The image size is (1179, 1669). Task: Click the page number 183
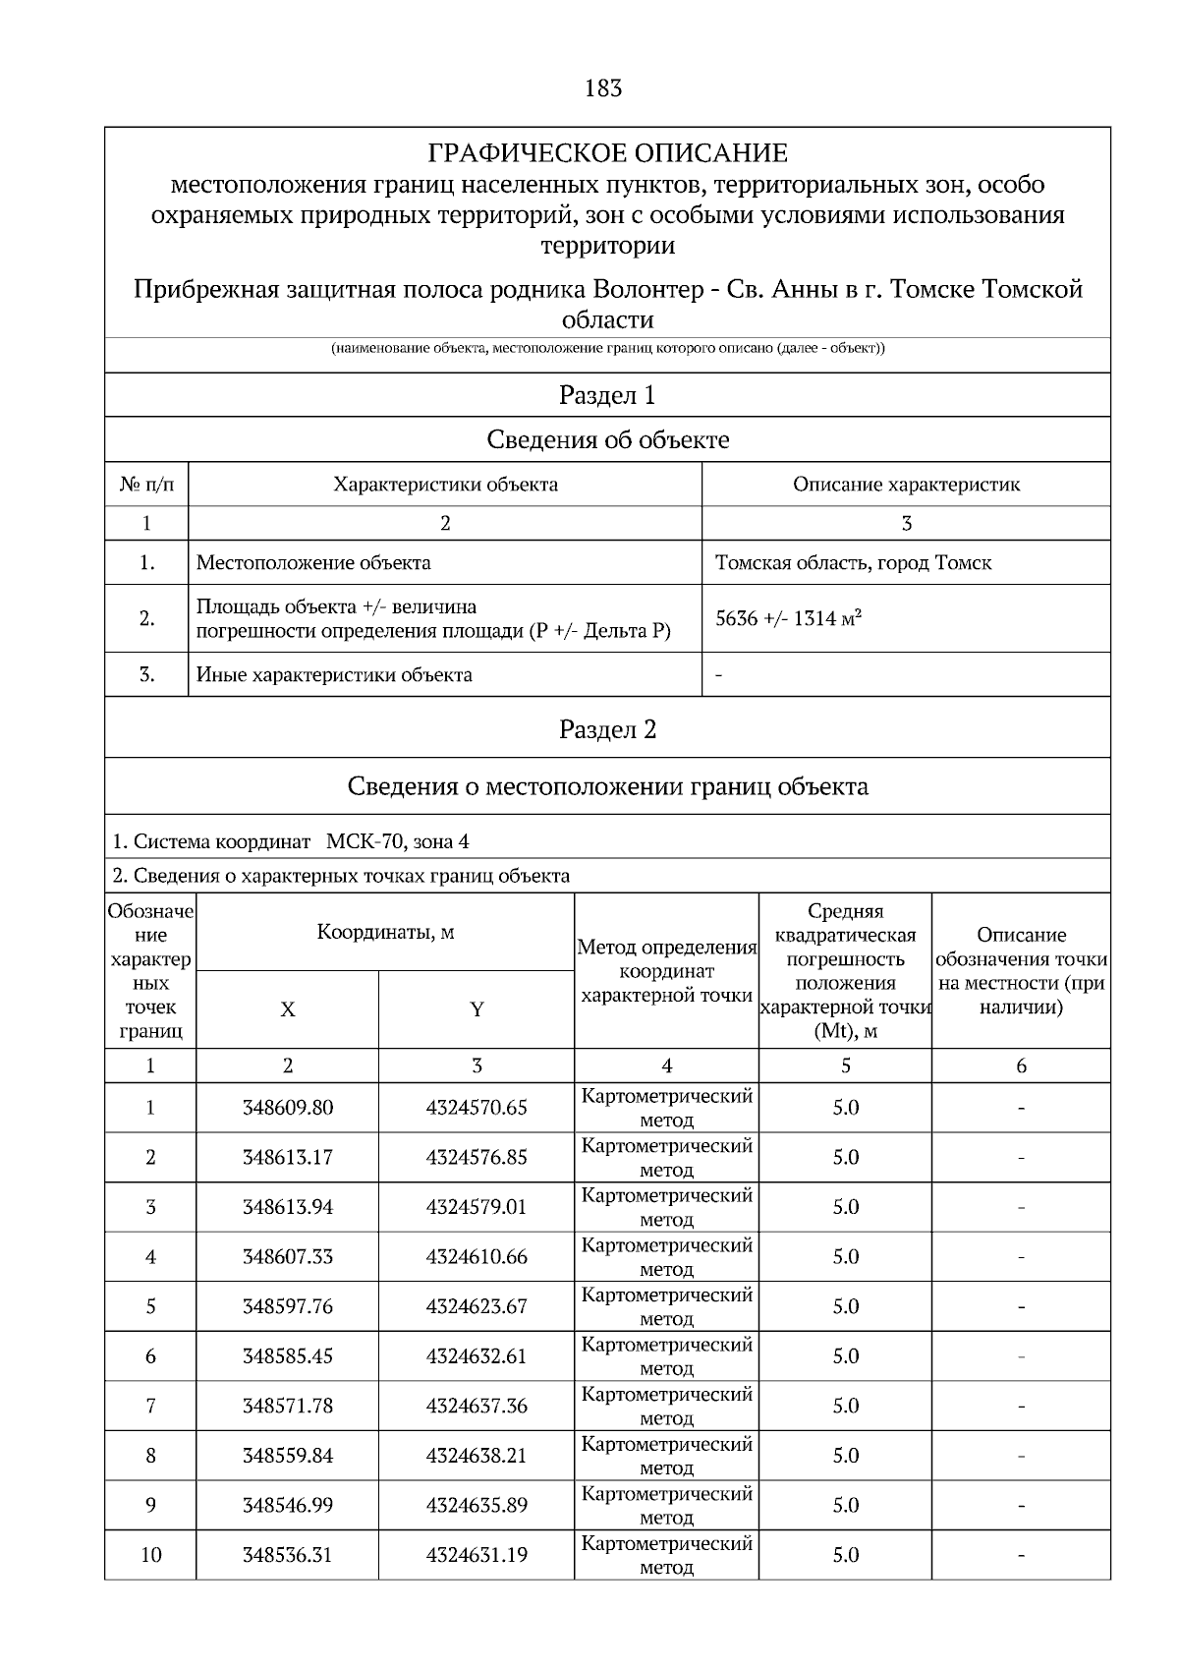[x=603, y=88]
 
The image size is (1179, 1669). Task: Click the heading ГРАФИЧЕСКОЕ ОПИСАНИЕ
[x=607, y=154]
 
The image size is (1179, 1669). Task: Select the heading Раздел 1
[x=607, y=395]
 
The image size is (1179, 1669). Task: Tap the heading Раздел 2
[x=607, y=729]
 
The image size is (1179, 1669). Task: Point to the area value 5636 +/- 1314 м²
[x=789, y=618]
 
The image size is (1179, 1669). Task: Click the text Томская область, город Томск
[x=853, y=563]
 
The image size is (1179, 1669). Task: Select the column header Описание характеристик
[x=906, y=485]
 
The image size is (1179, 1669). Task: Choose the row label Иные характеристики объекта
[x=334, y=675]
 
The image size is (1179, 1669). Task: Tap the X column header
[x=287, y=1010]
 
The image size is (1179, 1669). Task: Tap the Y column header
[x=477, y=1010]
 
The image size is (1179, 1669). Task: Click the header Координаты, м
[x=385, y=932]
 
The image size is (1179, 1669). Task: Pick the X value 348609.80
[x=287, y=1108]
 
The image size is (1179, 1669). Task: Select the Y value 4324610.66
[x=477, y=1257]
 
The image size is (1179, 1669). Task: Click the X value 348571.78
[x=287, y=1407]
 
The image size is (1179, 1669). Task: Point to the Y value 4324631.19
[x=477, y=1555]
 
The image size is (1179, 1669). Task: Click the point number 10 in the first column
[x=150, y=1555]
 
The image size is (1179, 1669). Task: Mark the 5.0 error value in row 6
[x=845, y=1356]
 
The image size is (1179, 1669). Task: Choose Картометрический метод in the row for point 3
[x=666, y=1207]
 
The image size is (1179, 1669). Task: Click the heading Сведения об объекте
[x=607, y=440]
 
